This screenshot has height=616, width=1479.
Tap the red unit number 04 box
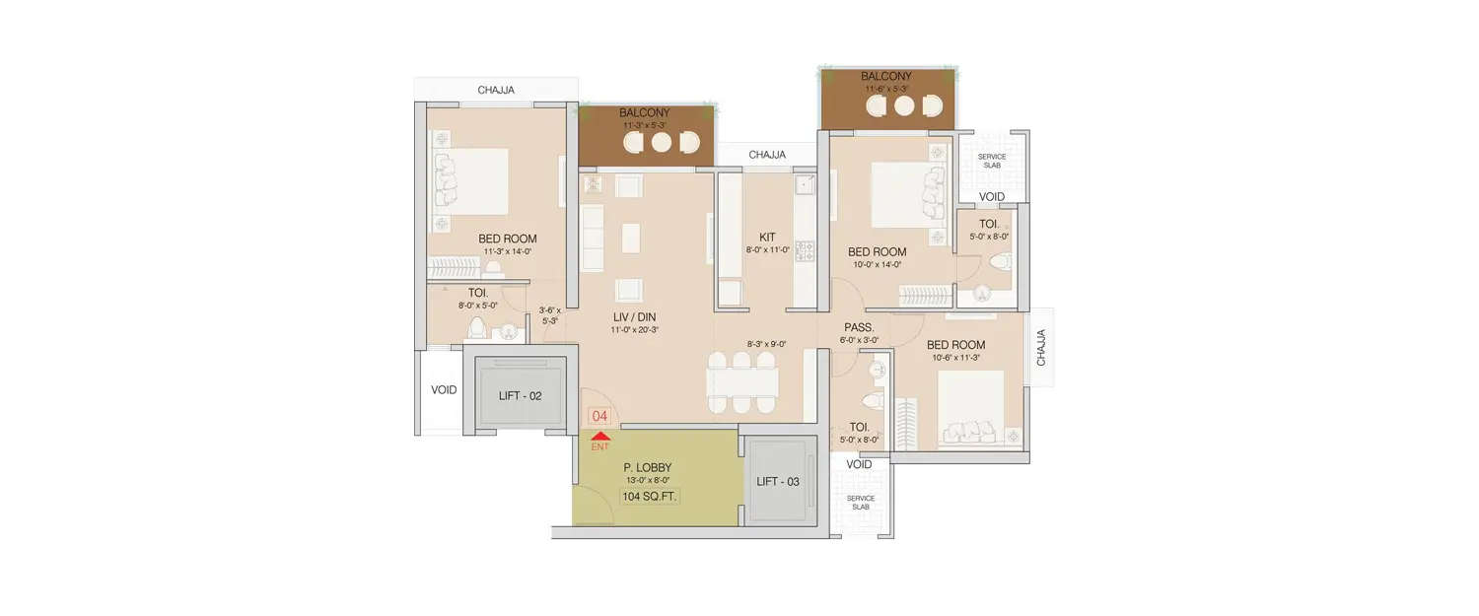599,417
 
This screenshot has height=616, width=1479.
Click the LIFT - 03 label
778,481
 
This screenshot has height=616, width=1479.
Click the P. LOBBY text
646,467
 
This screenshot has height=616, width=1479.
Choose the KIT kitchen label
767,237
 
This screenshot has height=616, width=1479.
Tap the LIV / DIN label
633,316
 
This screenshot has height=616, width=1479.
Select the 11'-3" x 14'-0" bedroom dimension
508,252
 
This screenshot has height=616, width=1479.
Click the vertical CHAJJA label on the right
1041,348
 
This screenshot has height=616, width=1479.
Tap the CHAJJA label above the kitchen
767,155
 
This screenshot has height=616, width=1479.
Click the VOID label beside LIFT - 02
444,390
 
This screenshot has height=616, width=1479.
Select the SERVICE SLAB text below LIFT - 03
861,503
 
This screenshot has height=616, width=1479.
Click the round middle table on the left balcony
661,142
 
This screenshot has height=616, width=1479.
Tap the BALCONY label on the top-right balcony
885,77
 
